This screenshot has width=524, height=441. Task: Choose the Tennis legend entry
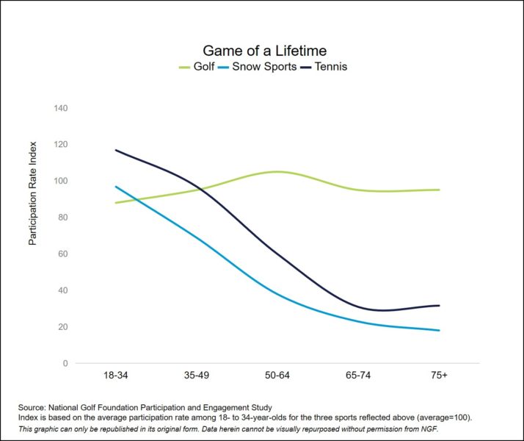click(x=330, y=67)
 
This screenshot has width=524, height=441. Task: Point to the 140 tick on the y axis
click(x=61, y=108)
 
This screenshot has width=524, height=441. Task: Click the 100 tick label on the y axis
click(x=61, y=181)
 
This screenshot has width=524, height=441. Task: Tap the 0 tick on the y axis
click(x=65, y=363)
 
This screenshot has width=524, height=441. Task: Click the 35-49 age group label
click(x=196, y=376)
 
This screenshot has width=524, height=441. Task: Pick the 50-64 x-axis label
click(x=277, y=376)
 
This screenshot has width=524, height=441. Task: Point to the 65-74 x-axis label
click(x=358, y=376)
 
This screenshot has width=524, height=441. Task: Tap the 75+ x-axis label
click(x=439, y=376)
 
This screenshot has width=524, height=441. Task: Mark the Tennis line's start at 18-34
click(x=115, y=151)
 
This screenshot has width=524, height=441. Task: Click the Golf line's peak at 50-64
click(x=277, y=172)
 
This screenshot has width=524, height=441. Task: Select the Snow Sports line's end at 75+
click(x=439, y=331)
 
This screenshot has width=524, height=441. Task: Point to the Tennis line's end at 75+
click(x=439, y=306)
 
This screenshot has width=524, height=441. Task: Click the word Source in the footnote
click(x=33, y=407)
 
